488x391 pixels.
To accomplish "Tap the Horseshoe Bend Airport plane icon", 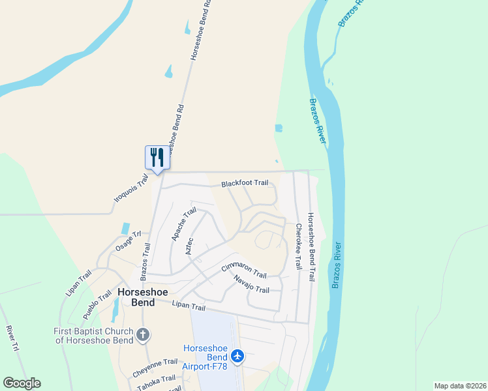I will [x=237, y=356].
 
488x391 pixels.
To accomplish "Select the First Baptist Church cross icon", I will [x=144, y=336].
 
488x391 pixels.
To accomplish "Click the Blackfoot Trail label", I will [x=245, y=184].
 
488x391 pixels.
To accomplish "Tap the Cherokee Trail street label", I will [x=298, y=247].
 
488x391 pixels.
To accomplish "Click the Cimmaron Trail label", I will [x=244, y=268].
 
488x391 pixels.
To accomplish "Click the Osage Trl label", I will [x=129, y=242].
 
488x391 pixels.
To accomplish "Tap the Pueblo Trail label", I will [x=97, y=304].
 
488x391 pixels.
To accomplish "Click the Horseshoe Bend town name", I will [x=136, y=298].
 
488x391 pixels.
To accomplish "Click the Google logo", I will [x=22, y=383].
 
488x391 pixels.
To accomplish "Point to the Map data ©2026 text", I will [x=459, y=386].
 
